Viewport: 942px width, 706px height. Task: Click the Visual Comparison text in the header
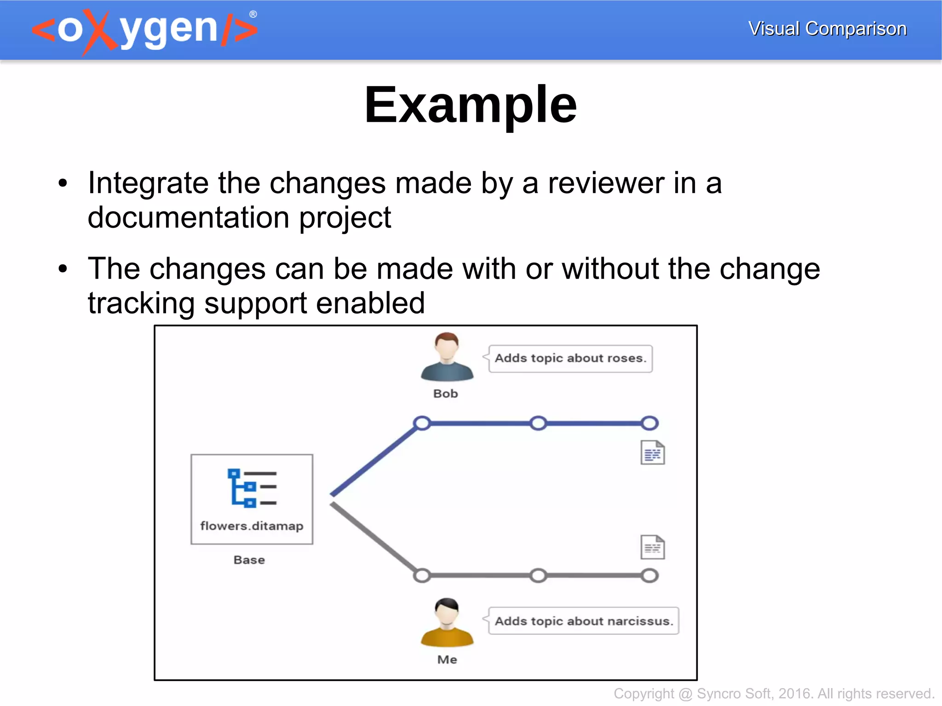point(827,29)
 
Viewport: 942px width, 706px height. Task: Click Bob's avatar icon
point(447,357)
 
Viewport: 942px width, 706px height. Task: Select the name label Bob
point(445,394)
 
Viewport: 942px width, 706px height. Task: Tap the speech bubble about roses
point(570,358)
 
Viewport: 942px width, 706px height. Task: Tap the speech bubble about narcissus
point(583,621)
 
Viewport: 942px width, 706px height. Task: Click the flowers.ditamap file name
point(252,526)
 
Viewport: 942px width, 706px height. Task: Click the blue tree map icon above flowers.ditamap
point(252,488)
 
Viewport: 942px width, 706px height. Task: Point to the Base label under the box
point(249,560)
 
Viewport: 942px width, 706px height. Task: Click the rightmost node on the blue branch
point(649,423)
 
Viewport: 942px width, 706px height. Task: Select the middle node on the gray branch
point(538,575)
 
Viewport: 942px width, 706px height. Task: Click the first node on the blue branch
point(422,423)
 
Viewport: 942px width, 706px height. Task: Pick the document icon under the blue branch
point(652,453)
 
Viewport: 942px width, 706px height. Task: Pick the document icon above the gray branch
point(652,547)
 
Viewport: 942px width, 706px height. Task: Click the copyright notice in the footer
point(773,693)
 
